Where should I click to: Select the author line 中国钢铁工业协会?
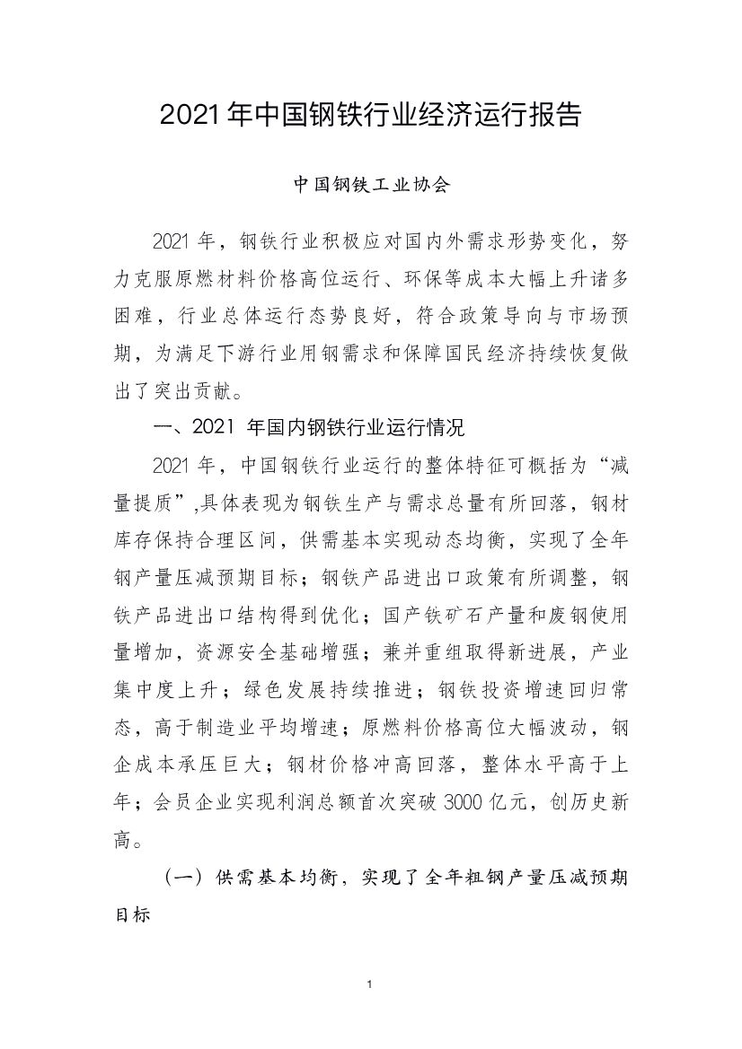click(x=371, y=186)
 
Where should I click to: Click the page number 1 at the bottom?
click(x=370, y=985)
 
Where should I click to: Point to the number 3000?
click(x=466, y=802)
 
